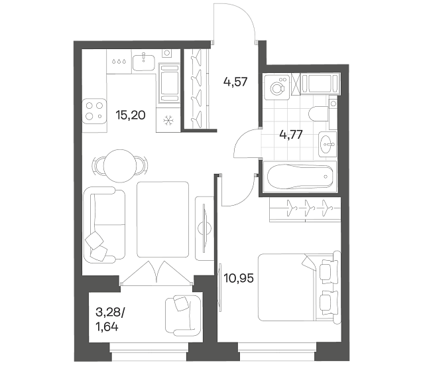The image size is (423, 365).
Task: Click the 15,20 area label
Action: [131, 115]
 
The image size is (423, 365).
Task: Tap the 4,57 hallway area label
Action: [235, 82]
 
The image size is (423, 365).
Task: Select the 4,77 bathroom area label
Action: [291, 134]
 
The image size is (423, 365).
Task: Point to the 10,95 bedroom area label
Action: [239, 278]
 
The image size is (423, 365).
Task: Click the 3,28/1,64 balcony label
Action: [110, 320]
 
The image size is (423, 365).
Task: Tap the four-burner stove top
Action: [94, 111]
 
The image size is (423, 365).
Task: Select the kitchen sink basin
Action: [143, 62]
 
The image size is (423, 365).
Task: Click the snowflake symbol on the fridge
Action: [169, 120]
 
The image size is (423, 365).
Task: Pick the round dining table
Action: [120, 166]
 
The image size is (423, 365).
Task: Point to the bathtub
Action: [300, 177]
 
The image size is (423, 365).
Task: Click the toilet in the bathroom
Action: [319, 114]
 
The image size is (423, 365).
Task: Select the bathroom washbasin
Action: [328, 144]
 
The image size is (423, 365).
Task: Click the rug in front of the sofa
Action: [162, 220]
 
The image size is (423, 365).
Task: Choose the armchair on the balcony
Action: [182, 316]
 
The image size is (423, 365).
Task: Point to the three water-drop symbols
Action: [119, 61]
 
